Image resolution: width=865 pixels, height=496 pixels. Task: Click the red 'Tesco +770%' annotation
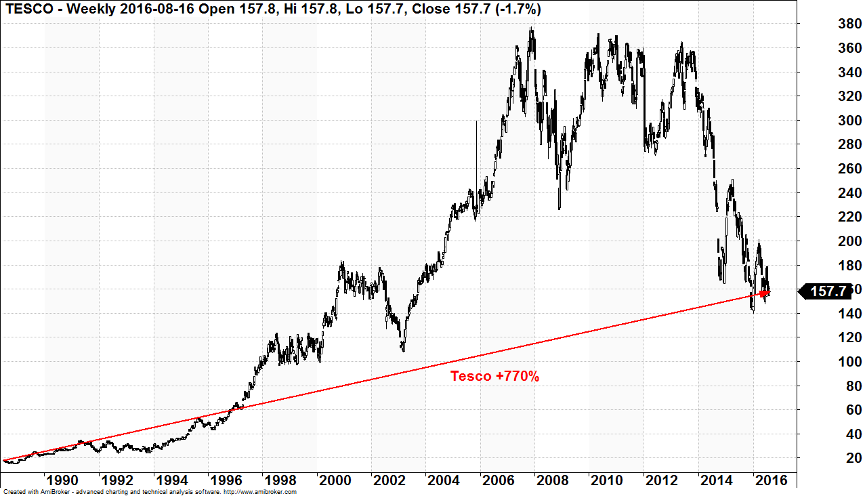[494, 376]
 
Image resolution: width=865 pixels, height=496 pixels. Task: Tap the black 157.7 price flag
[828, 291]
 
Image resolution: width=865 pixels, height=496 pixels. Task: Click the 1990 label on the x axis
[61, 480]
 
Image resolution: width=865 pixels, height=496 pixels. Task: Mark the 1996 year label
[225, 480]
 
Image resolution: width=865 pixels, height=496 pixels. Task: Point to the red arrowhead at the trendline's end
[765, 293]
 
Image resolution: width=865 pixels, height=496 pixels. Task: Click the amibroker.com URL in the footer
[260, 492]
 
